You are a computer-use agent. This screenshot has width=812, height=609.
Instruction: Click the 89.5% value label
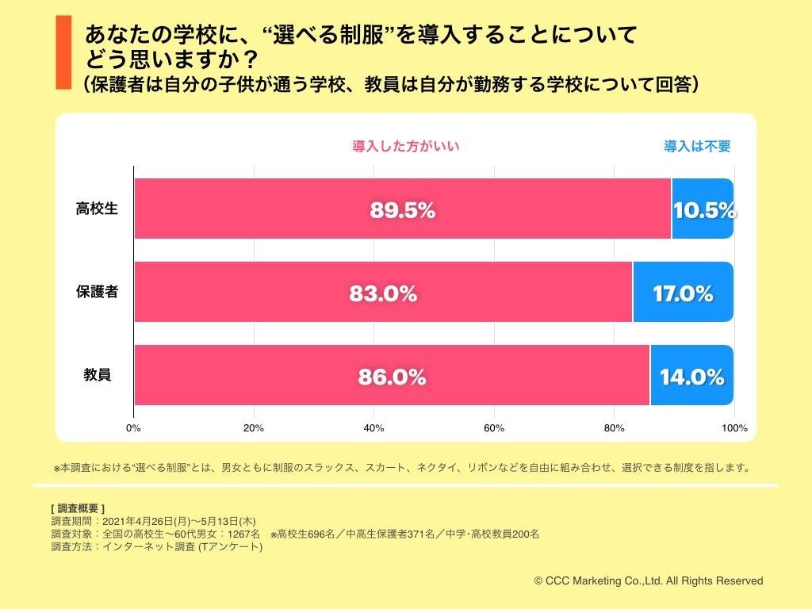[x=403, y=211]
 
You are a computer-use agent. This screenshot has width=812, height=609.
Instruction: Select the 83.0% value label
[x=383, y=293]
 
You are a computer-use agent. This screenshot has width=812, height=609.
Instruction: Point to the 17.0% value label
[x=683, y=293]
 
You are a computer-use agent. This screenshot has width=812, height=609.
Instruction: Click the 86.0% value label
[x=392, y=377]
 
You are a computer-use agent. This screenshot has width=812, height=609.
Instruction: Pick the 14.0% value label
[x=691, y=377]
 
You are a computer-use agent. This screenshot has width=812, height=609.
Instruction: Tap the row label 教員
[x=97, y=374]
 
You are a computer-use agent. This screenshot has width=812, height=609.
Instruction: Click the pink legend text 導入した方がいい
[x=406, y=146]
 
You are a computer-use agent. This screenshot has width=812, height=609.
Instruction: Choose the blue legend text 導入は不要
[x=697, y=146]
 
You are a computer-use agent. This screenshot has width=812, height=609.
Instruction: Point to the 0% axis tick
[x=133, y=428]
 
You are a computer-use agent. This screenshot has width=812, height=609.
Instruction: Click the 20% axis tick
[x=254, y=428]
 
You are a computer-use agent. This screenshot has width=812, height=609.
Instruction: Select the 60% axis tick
[x=494, y=428]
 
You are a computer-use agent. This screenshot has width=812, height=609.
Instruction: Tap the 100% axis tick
[x=734, y=428]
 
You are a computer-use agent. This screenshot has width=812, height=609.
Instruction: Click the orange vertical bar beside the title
[x=63, y=51]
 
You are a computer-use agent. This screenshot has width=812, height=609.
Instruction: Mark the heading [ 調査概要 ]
[x=77, y=508]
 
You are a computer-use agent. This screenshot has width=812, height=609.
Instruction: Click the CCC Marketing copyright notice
[x=648, y=580]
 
